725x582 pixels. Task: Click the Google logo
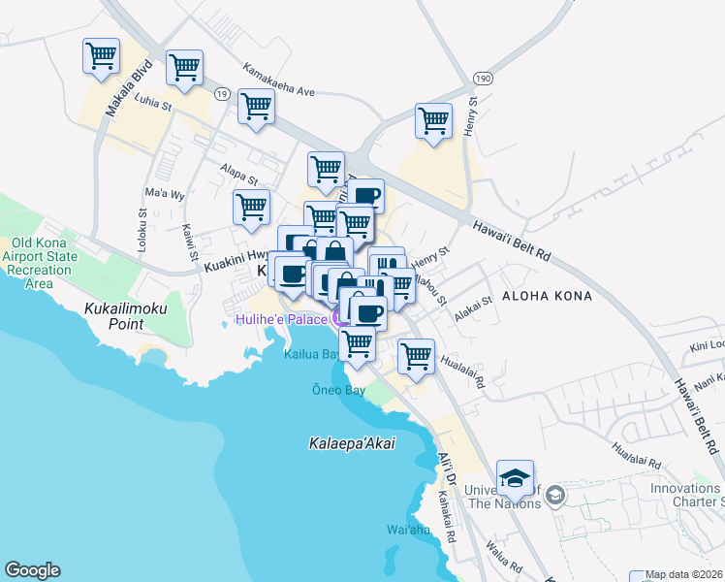pyautogui.click(x=32, y=570)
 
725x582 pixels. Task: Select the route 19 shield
pyautogui.click(x=222, y=93)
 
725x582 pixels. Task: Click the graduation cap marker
pyautogui.click(x=515, y=477)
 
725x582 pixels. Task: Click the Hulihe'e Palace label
pyautogui.click(x=281, y=317)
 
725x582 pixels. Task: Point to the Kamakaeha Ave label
pyautogui.click(x=279, y=80)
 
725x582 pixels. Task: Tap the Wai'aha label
pyautogui.click(x=408, y=530)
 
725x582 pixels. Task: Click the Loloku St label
pyautogui.click(x=142, y=226)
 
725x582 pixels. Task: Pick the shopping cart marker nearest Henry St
pyautogui.click(x=433, y=121)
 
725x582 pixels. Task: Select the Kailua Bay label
pyautogui.click(x=309, y=354)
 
